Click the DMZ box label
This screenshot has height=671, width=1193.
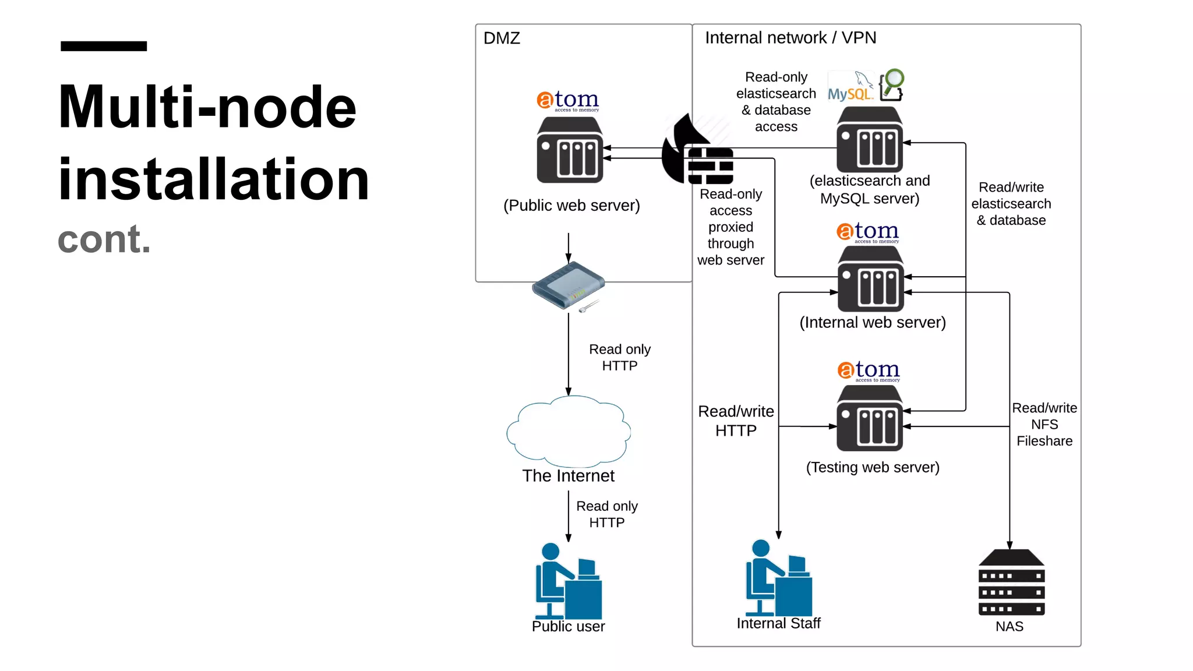(x=502, y=38)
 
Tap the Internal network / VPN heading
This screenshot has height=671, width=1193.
(x=790, y=38)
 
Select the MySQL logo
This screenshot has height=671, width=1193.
(x=850, y=87)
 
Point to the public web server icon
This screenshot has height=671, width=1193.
(x=570, y=150)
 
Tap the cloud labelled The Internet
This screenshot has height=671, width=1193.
(x=569, y=431)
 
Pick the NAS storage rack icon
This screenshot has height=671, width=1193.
(x=1011, y=582)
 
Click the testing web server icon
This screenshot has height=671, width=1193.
(x=870, y=418)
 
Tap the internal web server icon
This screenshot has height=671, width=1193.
(x=870, y=279)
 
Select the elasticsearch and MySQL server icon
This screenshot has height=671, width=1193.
(x=870, y=140)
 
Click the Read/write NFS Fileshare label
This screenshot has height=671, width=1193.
(x=1044, y=425)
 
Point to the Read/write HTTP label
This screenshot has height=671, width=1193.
(x=736, y=421)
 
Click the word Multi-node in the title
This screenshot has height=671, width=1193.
(x=207, y=107)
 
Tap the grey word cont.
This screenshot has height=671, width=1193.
(x=104, y=239)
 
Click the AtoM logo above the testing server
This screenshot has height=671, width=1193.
(x=869, y=371)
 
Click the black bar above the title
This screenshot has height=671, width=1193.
(x=104, y=46)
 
